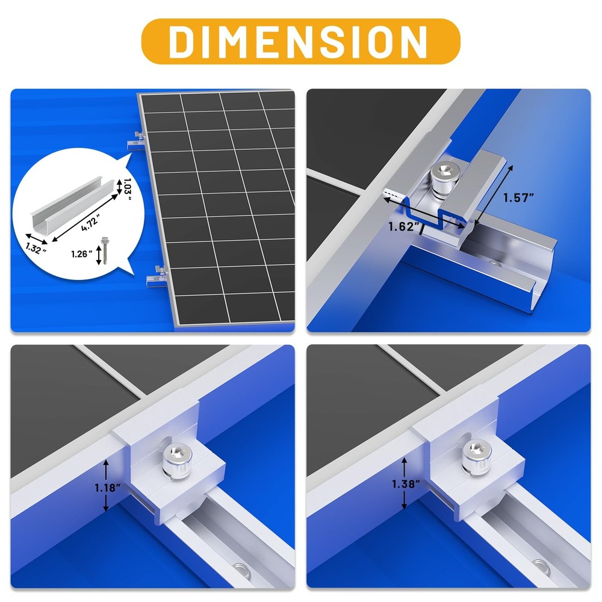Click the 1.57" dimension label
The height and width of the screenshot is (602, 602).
pyautogui.click(x=519, y=197)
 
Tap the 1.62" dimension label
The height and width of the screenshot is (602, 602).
pyautogui.click(x=403, y=226)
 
